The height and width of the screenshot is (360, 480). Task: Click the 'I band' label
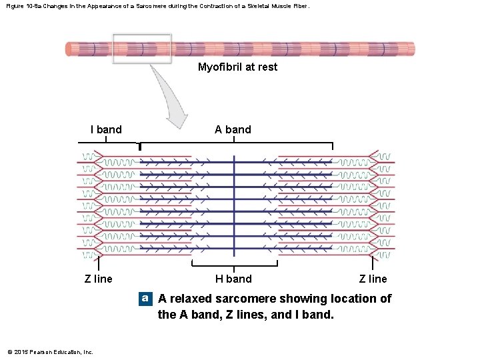coord(106,129)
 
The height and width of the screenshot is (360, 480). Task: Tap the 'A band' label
coord(233,129)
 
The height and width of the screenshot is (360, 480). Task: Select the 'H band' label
coord(233,279)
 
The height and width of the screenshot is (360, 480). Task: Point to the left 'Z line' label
coord(99,279)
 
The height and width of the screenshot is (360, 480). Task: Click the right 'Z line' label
coord(373,279)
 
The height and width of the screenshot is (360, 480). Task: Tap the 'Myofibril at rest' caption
coord(237,67)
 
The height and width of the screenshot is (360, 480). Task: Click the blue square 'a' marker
coord(145,299)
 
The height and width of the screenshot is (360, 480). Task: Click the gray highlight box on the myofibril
coord(141,49)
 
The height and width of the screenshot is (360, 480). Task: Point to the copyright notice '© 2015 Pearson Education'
coord(50,352)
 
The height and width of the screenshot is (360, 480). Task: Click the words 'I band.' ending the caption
coord(313,314)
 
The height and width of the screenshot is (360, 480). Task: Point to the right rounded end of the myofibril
coord(411,49)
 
